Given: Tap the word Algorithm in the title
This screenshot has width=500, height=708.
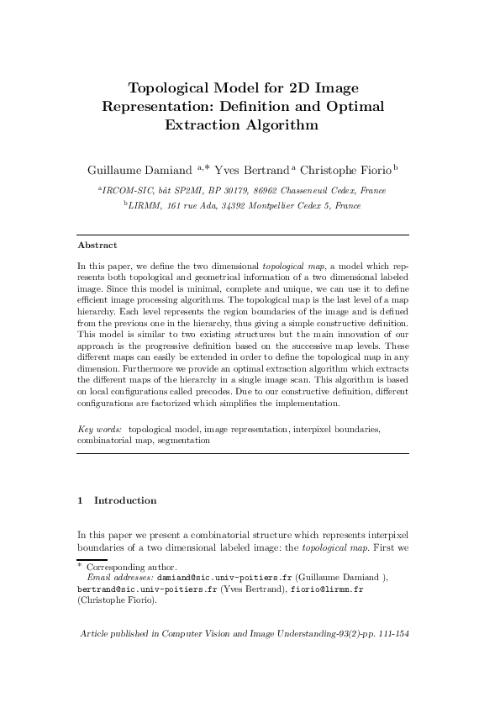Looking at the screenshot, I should [282, 126].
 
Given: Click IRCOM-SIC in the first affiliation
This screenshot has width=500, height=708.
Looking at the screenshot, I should [126, 190].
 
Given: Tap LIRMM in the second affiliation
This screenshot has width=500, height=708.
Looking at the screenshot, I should [145, 204].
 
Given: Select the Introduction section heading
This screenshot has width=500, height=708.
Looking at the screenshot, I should [125, 500].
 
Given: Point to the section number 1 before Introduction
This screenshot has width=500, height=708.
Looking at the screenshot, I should [80, 500].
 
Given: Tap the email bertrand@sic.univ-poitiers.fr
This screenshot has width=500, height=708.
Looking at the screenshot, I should [147, 590].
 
